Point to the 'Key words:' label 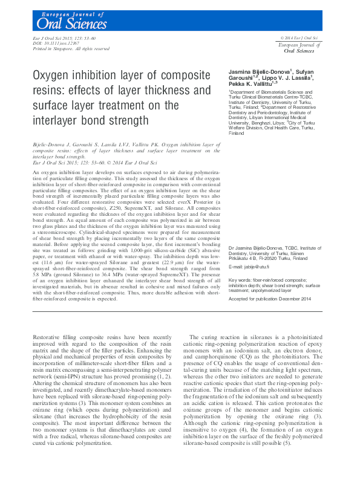point(241,280)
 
